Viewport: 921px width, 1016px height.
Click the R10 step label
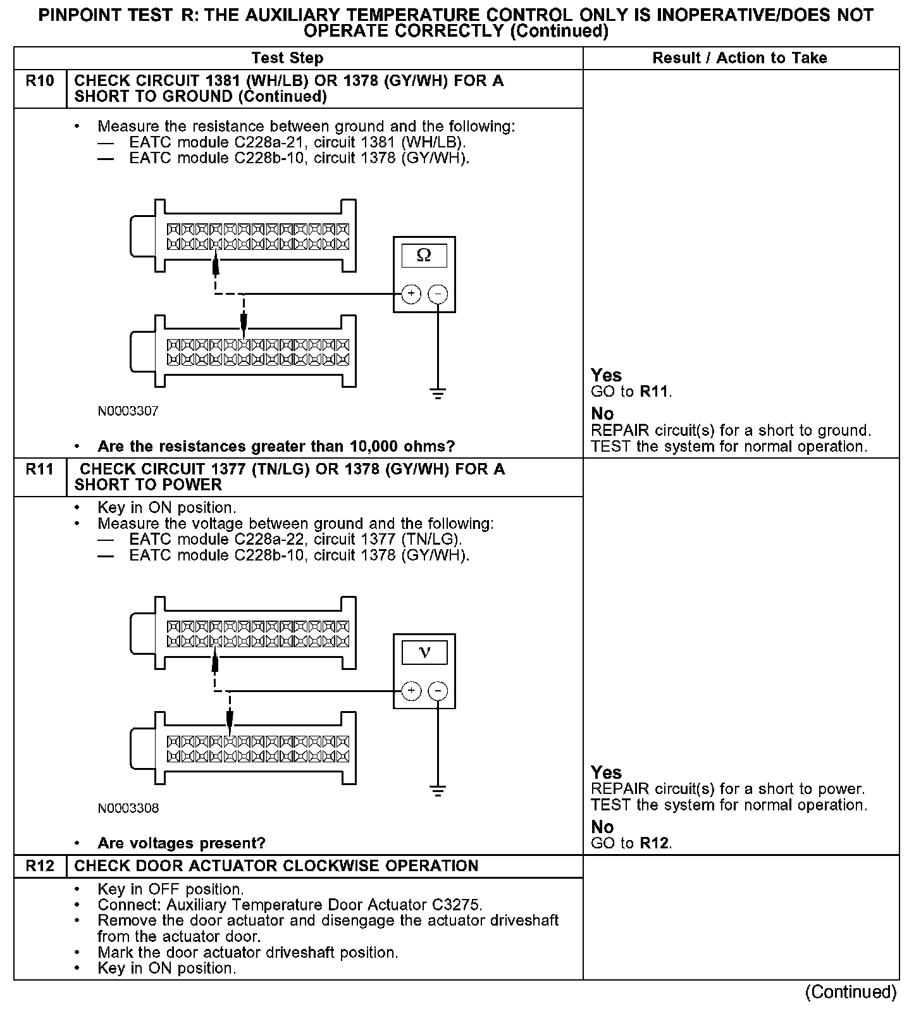click(40, 81)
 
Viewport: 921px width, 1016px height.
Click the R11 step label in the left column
click(40, 469)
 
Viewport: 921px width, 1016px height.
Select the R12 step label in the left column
click(40, 866)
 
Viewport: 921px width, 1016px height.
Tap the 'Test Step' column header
click(287, 58)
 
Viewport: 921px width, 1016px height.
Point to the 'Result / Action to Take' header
click(739, 58)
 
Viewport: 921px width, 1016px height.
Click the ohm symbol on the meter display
click(424, 255)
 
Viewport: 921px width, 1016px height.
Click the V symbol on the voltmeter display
click(424, 652)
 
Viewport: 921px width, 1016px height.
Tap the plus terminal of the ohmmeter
click(411, 294)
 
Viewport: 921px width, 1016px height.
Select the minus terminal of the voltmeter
click(438, 691)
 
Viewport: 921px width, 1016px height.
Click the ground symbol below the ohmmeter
click(438, 393)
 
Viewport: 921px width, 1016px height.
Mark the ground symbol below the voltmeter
click(438, 790)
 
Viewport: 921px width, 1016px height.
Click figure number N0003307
click(128, 411)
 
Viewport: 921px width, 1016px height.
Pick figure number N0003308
click(128, 808)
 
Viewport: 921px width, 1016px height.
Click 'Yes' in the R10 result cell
click(606, 375)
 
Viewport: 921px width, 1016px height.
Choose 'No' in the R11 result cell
click(602, 827)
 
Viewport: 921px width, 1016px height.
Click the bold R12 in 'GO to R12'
click(654, 843)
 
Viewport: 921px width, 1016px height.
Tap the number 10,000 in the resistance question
click(374, 447)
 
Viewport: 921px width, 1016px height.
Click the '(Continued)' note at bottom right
click(851, 992)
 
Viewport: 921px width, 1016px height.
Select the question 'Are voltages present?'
click(182, 843)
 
